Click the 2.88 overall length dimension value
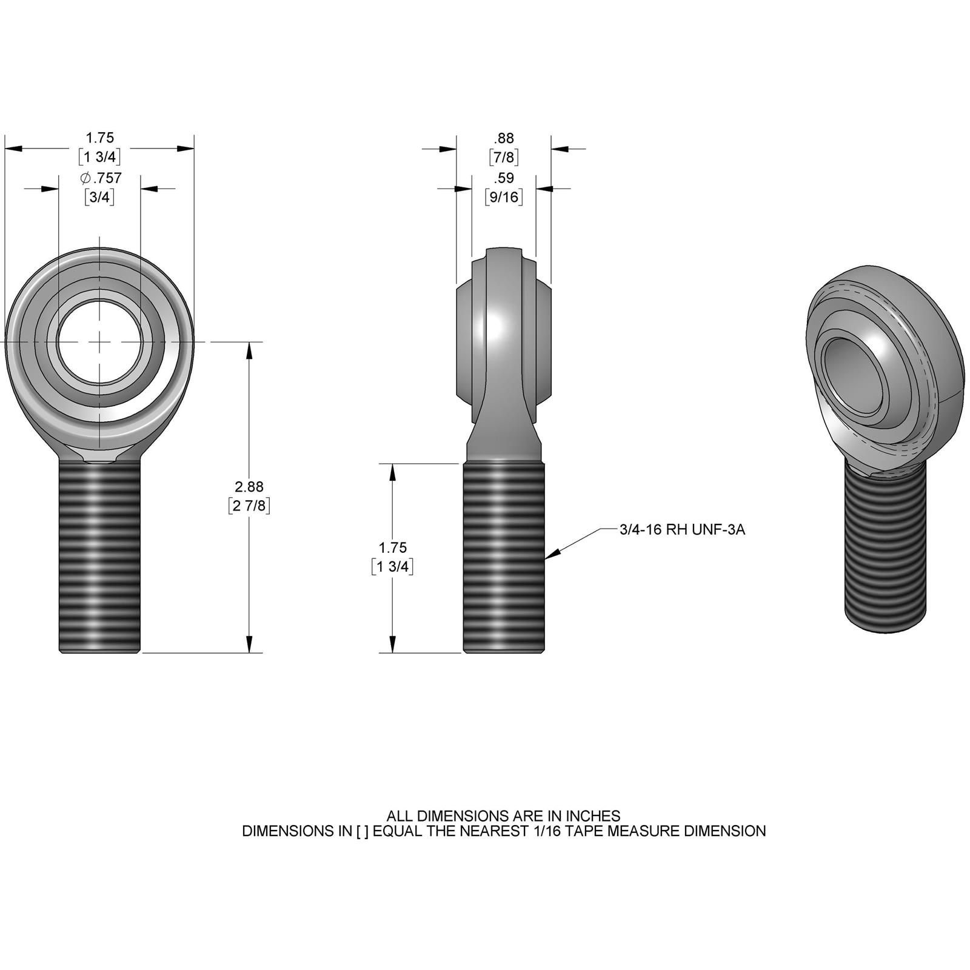pyautogui.click(x=249, y=486)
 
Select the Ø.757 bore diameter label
pyautogui.click(x=101, y=178)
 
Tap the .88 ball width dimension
pyautogui.click(x=503, y=138)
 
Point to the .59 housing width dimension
pyautogui.click(x=503, y=178)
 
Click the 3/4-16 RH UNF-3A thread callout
pyautogui.click(x=682, y=529)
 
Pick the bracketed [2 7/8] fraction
pyautogui.click(x=249, y=505)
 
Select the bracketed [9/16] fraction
pyautogui.click(x=503, y=196)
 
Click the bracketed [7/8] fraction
pyautogui.click(x=503, y=158)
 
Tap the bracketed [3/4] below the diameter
pyautogui.click(x=100, y=197)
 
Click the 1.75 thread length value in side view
pyautogui.click(x=392, y=547)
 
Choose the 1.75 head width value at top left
pyautogui.click(x=100, y=138)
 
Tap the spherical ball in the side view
pyautogui.click(x=504, y=327)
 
